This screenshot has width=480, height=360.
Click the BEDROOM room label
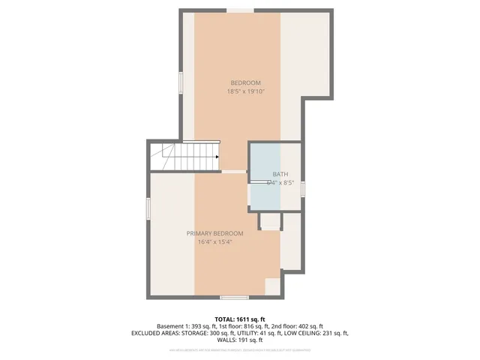245,82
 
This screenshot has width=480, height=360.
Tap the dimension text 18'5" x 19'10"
246,91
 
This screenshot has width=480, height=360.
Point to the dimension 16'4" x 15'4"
214,242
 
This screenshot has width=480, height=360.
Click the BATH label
280,174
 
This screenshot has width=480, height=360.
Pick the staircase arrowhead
216,157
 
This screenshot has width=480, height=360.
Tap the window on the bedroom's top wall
240,10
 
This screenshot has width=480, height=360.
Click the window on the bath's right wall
303,188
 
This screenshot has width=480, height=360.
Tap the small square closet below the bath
269,221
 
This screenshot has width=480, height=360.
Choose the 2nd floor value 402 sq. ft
308,326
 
